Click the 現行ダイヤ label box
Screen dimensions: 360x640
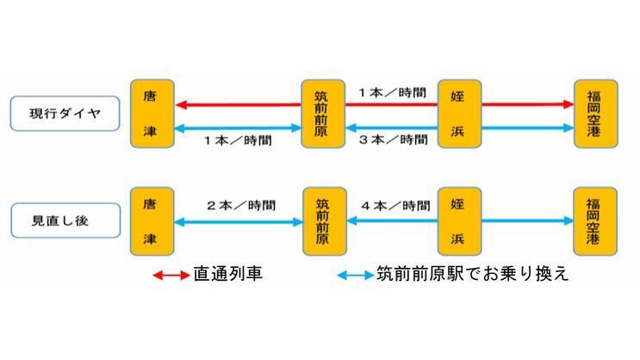(x=65, y=114)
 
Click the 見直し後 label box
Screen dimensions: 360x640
(x=65, y=220)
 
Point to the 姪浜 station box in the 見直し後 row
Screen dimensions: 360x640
(x=459, y=221)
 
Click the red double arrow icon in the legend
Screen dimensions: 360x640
(x=171, y=276)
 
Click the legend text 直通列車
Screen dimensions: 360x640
(x=228, y=276)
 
